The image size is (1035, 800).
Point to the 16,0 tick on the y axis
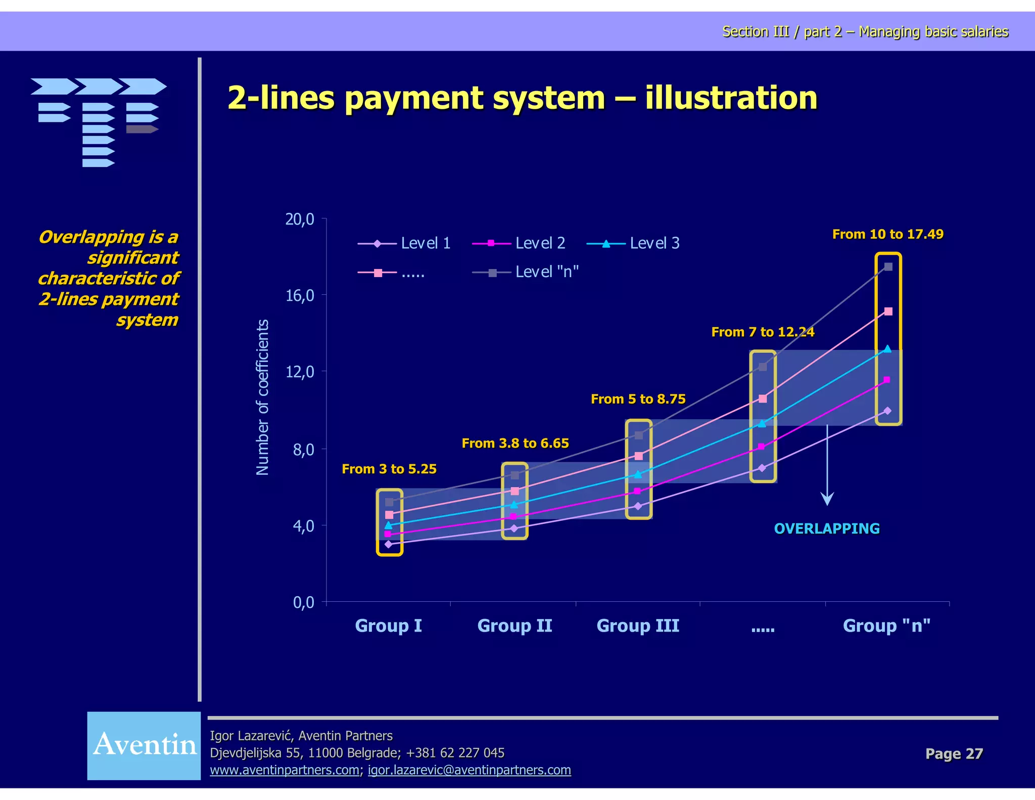click(300, 296)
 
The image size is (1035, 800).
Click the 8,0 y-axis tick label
click(303, 450)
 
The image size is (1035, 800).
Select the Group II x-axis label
click(514, 626)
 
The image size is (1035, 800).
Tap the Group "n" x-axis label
click(886, 626)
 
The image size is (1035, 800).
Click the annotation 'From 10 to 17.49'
click(887, 234)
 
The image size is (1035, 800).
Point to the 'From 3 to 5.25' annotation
click(389, 469)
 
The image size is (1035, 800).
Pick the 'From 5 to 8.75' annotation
click(638, 399)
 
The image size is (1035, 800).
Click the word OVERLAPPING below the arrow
click(827, 528)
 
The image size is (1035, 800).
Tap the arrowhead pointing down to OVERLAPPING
click(827, 499)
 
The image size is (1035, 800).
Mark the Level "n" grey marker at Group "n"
click(888, 267)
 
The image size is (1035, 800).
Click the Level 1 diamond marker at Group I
click(388, 544)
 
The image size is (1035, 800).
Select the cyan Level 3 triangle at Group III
click(638, 474)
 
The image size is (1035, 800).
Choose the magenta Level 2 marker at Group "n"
click(887, 380)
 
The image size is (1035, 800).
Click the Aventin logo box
click(144, 745)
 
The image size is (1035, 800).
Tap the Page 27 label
click(954, 753)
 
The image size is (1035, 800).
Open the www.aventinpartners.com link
click(285, 770)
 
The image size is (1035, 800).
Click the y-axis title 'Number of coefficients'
click(262, 397)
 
